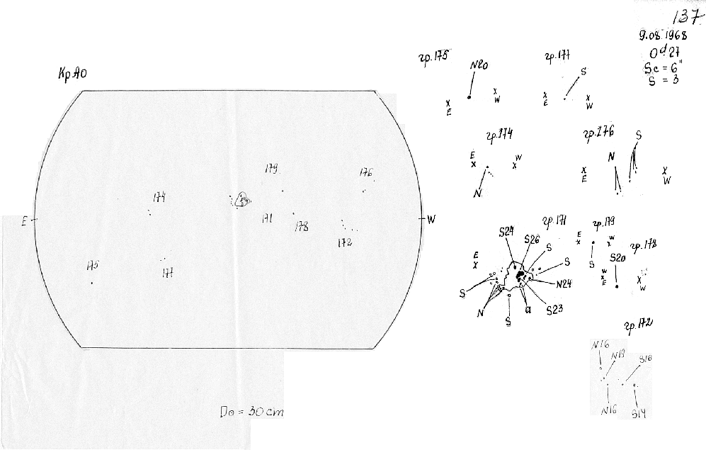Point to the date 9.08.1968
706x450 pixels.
coord(661,35)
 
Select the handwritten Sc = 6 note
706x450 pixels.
coord(658,67)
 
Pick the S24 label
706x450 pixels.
coord(506,232)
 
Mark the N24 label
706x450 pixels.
coord(564,285)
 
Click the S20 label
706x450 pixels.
coord(617,259)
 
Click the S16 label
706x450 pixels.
coord(645,359)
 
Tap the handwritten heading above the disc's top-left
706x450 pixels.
coord(72,76)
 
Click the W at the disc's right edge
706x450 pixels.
coord(431,220)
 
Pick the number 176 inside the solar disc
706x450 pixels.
coord(365,172)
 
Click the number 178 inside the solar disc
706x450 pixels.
coord(301,227)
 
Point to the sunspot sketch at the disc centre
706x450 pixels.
coord(242,201)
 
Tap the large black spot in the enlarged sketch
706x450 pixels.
coord(520,275)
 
